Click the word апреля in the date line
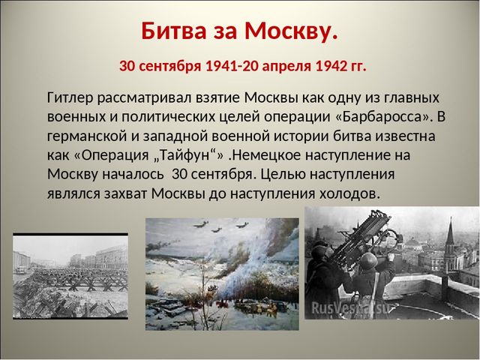286,67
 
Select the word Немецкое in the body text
267,155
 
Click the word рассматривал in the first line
144,98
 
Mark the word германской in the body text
87,136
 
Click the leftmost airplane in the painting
200,224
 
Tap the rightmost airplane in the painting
241,225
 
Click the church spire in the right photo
450,232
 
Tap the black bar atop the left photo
70,235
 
